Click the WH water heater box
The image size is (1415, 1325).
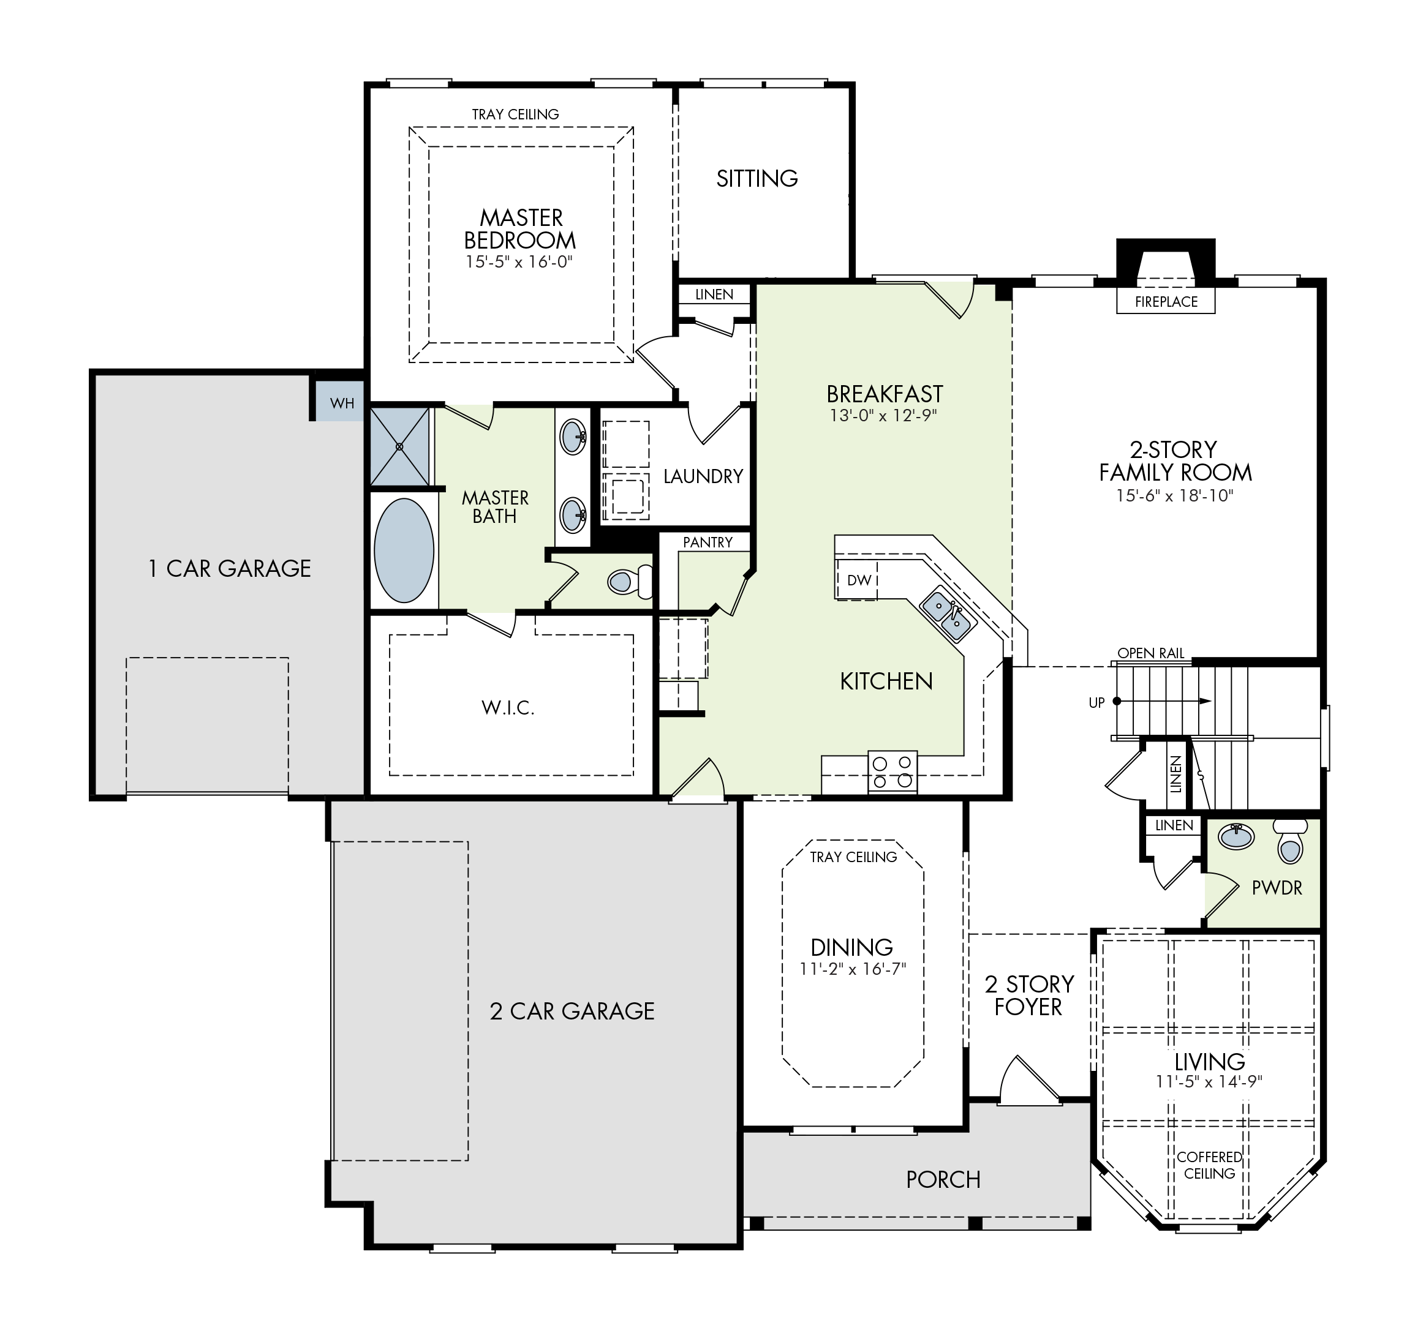340,402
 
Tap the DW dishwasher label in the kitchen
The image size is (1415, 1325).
859,580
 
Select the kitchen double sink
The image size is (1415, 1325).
949,616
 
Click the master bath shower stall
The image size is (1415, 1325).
400,446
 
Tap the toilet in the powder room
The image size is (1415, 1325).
1289,841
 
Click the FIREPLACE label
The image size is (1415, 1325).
1166,302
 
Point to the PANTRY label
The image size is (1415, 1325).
707,542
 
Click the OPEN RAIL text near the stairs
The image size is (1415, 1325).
1151,653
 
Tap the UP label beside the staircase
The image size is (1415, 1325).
1096,703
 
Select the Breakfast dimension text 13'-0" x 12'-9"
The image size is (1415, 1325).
883,416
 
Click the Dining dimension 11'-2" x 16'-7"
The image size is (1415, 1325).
852,969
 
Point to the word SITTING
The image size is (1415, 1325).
757,178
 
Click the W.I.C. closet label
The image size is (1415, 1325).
507,707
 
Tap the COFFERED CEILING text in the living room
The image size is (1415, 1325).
1209,1165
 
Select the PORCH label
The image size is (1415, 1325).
943,1180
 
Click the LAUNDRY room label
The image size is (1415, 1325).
703,476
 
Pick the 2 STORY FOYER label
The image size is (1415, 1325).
1028,996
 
